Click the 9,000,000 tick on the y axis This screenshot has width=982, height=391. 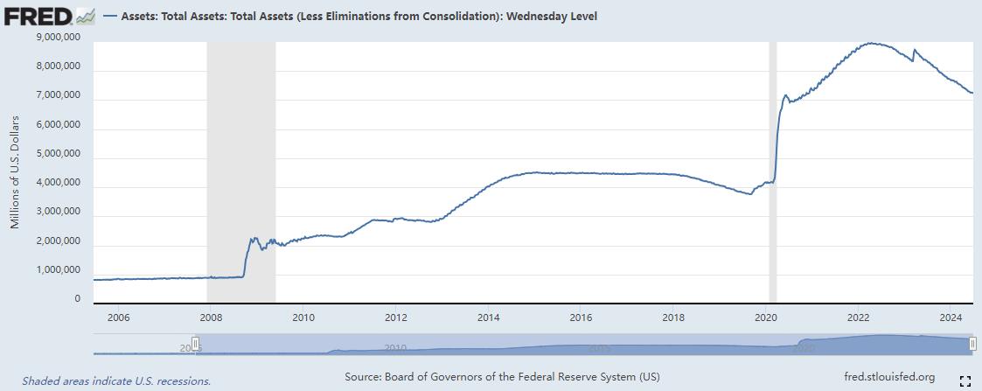coord(54,38)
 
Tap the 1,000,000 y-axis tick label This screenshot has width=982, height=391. coord(54,270)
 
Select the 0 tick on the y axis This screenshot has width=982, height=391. coord(77,299)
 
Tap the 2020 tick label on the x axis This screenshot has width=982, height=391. coord(766,317)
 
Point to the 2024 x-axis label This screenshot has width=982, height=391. coord(951,317)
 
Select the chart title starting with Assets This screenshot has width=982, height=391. coord(350,16)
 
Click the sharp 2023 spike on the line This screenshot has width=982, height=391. coord(914,50)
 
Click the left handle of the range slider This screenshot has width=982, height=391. coord(196,345)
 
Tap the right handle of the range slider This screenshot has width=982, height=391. coord(972,345)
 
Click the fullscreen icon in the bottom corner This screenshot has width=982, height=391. coord(965,380)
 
